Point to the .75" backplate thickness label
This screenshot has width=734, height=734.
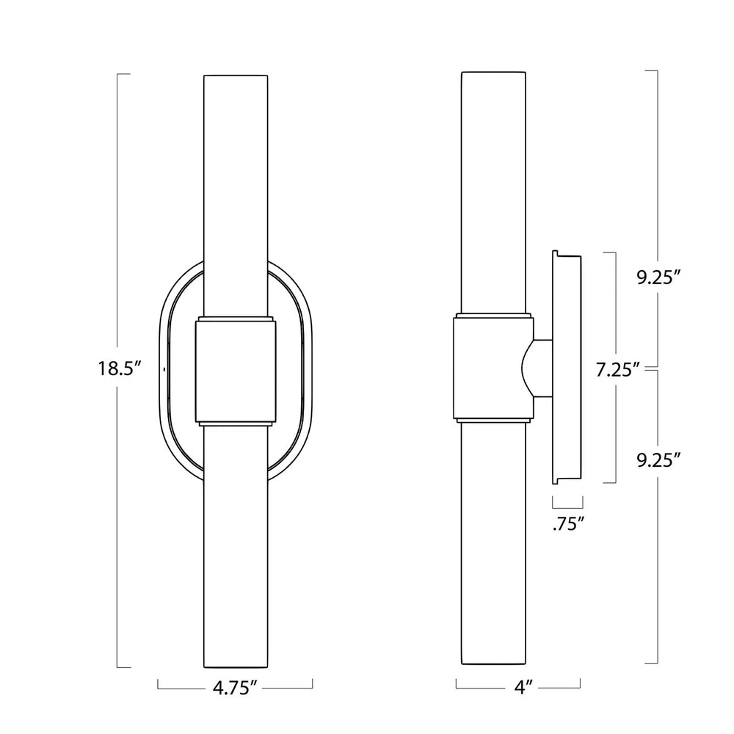click(567, 523)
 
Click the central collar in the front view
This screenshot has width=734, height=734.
click(235, 371)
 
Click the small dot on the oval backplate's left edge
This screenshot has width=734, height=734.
click(164, 369)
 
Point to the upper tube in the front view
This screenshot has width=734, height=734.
click(235, 191)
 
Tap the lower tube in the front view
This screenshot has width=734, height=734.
click(235, 550)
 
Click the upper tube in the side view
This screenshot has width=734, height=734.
click(493, 191)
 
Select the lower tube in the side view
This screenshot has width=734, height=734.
click(493, 550)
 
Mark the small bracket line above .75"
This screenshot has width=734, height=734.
click(567, 506)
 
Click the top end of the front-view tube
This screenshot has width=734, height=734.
click(235, 76)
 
